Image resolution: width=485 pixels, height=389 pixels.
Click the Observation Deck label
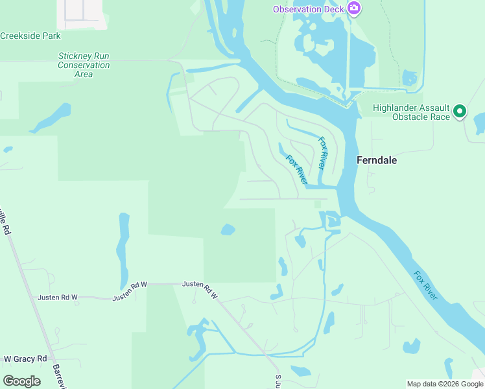coord(307,9)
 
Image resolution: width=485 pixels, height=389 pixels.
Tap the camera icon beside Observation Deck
coord(354,8)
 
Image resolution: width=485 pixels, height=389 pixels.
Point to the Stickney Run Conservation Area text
coord(84,65)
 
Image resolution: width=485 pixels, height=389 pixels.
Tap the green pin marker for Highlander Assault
coord(460,112)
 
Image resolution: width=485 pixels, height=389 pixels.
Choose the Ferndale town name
coord(377,160)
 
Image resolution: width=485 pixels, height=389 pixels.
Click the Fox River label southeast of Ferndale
coord(426,285)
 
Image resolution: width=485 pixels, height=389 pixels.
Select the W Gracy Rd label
coord(25,359)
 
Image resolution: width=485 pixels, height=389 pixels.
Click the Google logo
coord(22,381)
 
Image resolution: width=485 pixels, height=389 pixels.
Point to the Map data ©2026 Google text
coord(445,384)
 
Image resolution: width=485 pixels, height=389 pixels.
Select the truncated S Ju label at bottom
coord(278,381)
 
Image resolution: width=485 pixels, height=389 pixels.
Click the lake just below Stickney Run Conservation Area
coord(51,117)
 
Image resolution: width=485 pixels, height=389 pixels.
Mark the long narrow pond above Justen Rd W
coord(123,250)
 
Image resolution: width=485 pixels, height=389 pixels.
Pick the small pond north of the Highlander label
coord(410,78)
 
